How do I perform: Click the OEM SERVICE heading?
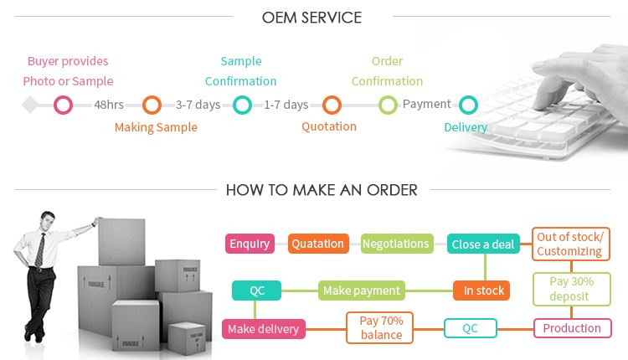311,17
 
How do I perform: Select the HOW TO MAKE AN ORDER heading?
322,190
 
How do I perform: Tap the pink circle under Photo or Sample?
63,105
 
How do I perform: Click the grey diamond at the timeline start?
30,105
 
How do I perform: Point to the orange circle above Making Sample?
152,105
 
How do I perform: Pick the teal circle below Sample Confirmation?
242,105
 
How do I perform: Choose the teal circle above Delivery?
468,105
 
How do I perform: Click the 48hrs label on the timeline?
109,105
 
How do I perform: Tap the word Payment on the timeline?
426,105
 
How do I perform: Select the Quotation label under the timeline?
329,126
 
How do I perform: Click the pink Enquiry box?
250,244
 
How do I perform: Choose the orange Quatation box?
317,244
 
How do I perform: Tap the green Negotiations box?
395,244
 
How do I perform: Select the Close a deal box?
482,244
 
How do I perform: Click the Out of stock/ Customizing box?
569,244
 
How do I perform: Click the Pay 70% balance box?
380,328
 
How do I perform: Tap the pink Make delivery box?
263,329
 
